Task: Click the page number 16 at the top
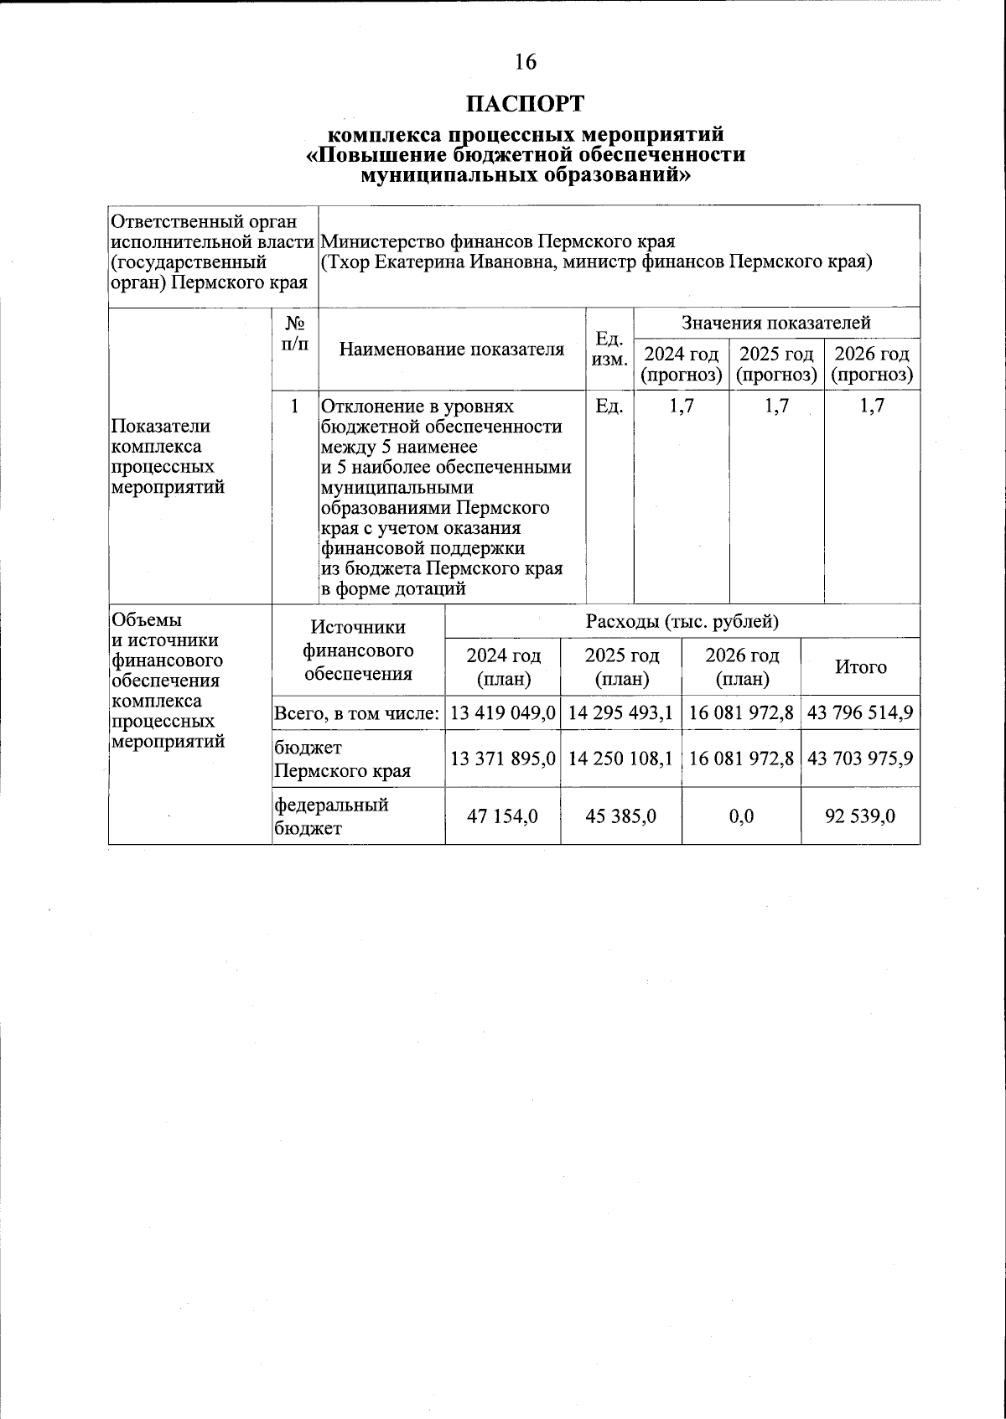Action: click(526, 62)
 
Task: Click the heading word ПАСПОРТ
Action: click(526, 104)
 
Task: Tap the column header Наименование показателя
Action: click(451, 350)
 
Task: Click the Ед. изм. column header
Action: click(609, 350)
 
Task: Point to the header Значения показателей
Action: click(775, 323)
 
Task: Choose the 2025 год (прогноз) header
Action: click(776, 365)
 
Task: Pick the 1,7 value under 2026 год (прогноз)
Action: click(872, 407)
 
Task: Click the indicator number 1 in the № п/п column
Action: click(295, 407)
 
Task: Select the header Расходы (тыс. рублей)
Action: click(682, 622)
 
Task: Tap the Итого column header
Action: click(860, 667)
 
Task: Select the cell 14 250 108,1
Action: click(620, 759)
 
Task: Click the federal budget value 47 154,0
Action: click(502, 816)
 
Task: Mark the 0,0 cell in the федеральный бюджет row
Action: click(741, 816)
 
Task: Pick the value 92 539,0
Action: click(860, 816)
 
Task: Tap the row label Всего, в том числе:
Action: click(358, 714)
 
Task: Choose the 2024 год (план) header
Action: click(503, 667)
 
